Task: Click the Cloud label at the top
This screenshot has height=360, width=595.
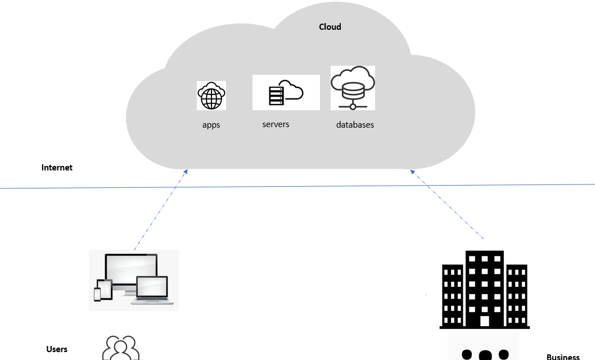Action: (x=330, y=26)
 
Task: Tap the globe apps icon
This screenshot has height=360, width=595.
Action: (x=211, y=96)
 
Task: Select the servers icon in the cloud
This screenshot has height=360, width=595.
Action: (x=286, y=93)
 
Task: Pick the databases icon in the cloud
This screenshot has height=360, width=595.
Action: (x=353, y=88)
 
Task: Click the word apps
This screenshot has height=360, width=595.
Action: (x=211, y=125)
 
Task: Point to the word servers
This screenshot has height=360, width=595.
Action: (x=276, y=124)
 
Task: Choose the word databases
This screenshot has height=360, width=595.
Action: (x=355, y=124)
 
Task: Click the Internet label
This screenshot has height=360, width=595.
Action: (x=57, y=168)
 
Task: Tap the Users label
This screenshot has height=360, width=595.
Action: (x=57, y=349)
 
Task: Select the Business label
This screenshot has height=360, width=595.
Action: (x=563, y=357)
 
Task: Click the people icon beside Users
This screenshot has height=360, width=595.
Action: (x=120, y=348)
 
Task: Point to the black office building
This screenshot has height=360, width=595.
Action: (x=484, y=290)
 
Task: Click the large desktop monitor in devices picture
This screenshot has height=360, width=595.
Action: (x=131, y=272)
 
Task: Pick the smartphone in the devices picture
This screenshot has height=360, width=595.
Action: (x=97, y=294)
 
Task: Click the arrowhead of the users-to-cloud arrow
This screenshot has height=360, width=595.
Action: (x=185, y=171)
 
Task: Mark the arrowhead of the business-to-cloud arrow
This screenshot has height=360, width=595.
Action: (x=413, y=171)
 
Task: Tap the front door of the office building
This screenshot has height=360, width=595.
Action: (x=484, y=321)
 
